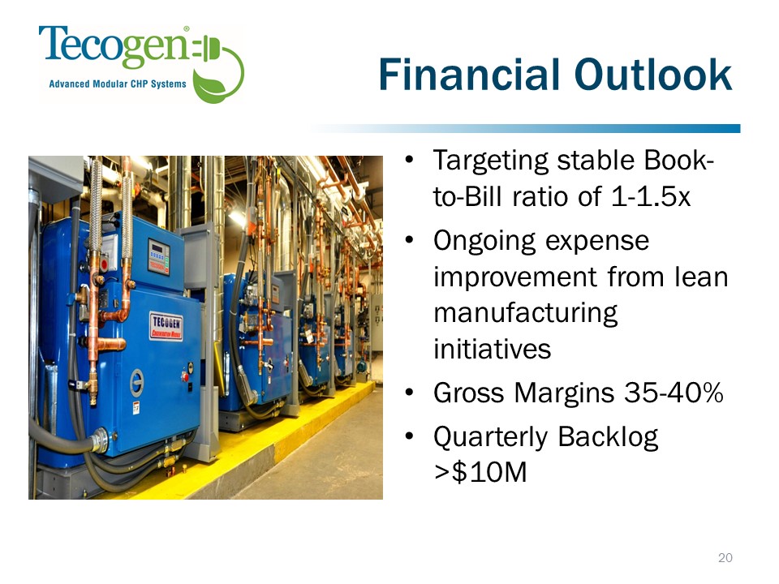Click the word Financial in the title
click(x=468, y=75)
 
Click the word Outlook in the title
click(x=652, y=75)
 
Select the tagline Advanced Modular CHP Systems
click(x=117, y=84)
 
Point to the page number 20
click(x=725, y=558)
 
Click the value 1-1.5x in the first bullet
click(x=650, y=196)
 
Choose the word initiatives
click(x=492, y=349)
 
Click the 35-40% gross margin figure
click(x=674, y=393)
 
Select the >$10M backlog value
click(x=480, y=472)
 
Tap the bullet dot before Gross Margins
click(x=409, y=393)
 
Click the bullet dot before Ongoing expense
click(x=409, y=241)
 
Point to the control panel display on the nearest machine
click(x=158, y=256)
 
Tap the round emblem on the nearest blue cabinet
click(x=137, y=383)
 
